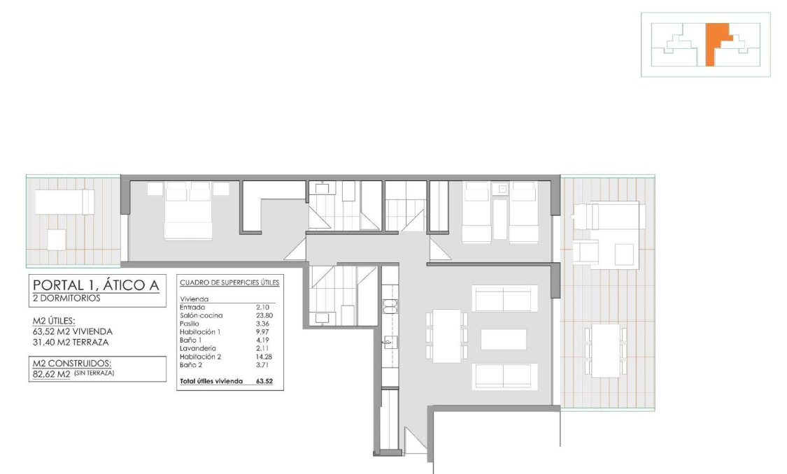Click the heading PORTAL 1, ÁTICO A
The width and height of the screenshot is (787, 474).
pyautogui.click(x=96, y=285)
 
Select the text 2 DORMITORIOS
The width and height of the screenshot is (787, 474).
pyautogui.click(x=66, y=298)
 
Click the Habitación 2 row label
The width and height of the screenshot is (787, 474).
pyautogui.click(x=200, y=357)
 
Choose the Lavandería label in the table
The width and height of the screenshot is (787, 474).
pyautogui.click(x=197, y=348)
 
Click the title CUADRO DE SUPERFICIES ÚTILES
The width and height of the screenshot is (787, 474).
pyautogui.click(x=229, y=283)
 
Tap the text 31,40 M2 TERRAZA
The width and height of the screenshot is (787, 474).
pyautogui.click(x=71, y=342)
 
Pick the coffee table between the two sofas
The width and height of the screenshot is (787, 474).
pyautogui.click(x=504, y=339)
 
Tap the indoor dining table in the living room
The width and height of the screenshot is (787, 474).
pyautogui.click(x=446, y=336)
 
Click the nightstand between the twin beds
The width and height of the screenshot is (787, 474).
pyautogui.click(x=500, y=189)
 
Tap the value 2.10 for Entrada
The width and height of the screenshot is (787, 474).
pyautogui.click(x=263, y=307)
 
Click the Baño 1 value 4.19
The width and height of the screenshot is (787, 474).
pyautogui.click(x=263, y=340)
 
